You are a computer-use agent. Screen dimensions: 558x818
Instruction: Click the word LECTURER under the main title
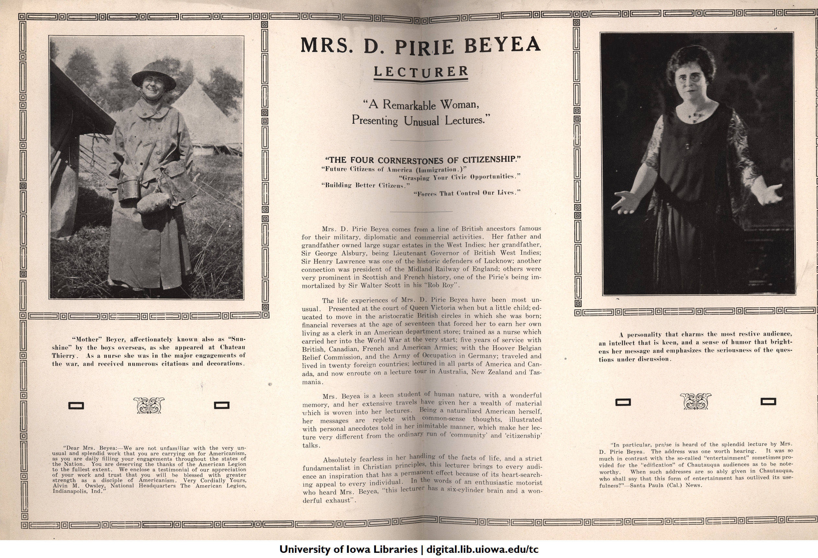pos(421,71)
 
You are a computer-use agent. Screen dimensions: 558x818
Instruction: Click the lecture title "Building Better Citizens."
pos(366,185)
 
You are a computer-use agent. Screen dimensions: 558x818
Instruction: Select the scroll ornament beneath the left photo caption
pos(148,405)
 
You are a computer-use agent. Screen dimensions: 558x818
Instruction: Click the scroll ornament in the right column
pos(695,401)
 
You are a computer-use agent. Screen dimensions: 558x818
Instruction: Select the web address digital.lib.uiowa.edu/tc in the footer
pos(482,549)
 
